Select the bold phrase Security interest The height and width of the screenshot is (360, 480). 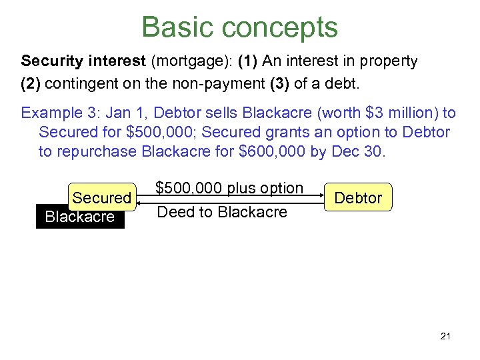coord(83,62)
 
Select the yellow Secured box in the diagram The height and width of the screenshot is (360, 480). coord(102,197)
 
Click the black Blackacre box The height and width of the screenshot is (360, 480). coord(79,217)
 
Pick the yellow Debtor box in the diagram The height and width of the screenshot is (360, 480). coord(358,197)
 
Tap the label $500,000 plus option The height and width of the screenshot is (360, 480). coord(229,188)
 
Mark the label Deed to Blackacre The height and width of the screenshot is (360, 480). coord(221,212)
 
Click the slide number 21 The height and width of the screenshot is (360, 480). coord(445,336)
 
